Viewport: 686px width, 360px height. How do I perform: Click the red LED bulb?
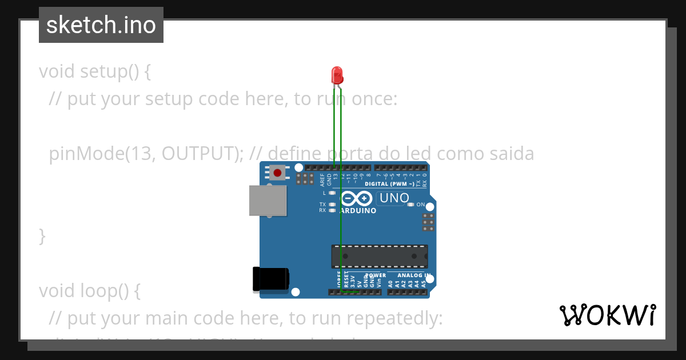point(337,74)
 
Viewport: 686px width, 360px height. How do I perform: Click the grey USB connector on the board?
point(268,201)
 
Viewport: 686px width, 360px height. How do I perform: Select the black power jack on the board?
point(271,279)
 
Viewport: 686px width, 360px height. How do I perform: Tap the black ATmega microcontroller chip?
point(380,256)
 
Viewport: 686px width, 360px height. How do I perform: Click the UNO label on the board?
point(394,198)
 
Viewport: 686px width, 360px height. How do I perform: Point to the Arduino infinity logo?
point(357,199)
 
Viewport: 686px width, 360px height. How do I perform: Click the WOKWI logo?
point(607,315)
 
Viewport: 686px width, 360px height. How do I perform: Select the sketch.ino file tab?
point(101,25)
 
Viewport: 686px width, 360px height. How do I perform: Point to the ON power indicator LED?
point(410,205)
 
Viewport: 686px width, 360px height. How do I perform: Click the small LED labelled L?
point(332,193)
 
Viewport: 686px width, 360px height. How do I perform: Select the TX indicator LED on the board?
point(332,204)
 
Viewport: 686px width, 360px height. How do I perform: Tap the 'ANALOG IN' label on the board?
point(413,275)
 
